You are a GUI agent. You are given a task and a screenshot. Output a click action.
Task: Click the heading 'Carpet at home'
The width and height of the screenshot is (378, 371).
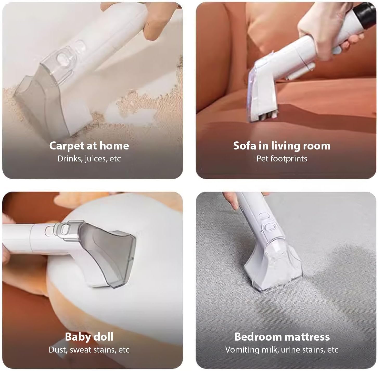[x=89, y=146]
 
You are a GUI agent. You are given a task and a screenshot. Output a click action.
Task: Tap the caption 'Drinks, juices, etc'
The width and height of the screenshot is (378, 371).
[x=89, y=159]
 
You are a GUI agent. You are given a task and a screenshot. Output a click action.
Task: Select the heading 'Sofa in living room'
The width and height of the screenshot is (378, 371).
[x=282, y=146]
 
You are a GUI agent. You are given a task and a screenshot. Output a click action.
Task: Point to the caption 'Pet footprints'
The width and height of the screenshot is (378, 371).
[x=282, y=159]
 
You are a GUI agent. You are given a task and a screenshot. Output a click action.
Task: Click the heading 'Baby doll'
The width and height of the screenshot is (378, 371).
[x=89, y=337]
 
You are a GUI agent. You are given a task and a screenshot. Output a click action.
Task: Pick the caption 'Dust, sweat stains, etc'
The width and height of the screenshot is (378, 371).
[x=89, y=350]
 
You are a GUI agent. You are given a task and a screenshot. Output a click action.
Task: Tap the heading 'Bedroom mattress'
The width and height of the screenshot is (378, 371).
[x=282, y=337]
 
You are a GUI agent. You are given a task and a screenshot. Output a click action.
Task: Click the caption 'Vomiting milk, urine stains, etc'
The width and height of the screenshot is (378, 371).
[x=282, y=350]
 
